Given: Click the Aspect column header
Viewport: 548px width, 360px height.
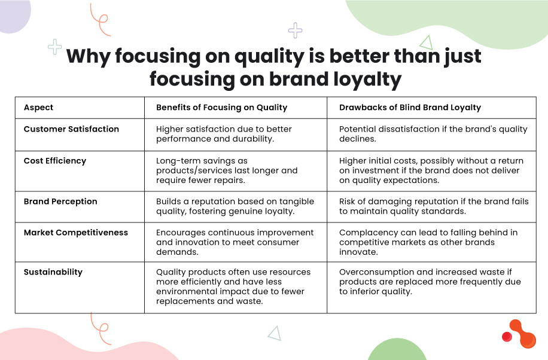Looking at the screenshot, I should pos(38,108).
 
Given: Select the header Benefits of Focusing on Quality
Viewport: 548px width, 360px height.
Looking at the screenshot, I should pos(221,108).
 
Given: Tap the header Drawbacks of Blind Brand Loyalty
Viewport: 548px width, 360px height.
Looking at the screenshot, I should pos(410,108).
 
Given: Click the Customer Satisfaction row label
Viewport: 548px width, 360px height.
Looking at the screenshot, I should pos(71,129).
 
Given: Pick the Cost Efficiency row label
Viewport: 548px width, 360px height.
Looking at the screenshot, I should pos(55,161).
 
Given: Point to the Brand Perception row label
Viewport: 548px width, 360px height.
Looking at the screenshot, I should pos(60,202).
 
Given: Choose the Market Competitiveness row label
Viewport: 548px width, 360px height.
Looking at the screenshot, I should pos(76,233).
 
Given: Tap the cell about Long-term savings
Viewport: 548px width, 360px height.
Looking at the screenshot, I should pos(227,170).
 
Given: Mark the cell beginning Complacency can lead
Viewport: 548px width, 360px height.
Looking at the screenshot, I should pos(428,242).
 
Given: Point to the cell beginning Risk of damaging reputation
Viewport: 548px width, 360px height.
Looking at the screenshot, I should pos(434,206).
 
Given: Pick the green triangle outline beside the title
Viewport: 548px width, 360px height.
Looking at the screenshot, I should pos(426,42).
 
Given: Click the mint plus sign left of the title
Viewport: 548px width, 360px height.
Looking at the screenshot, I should pos(55,47).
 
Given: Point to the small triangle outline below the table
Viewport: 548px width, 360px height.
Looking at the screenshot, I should pos(275,332).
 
